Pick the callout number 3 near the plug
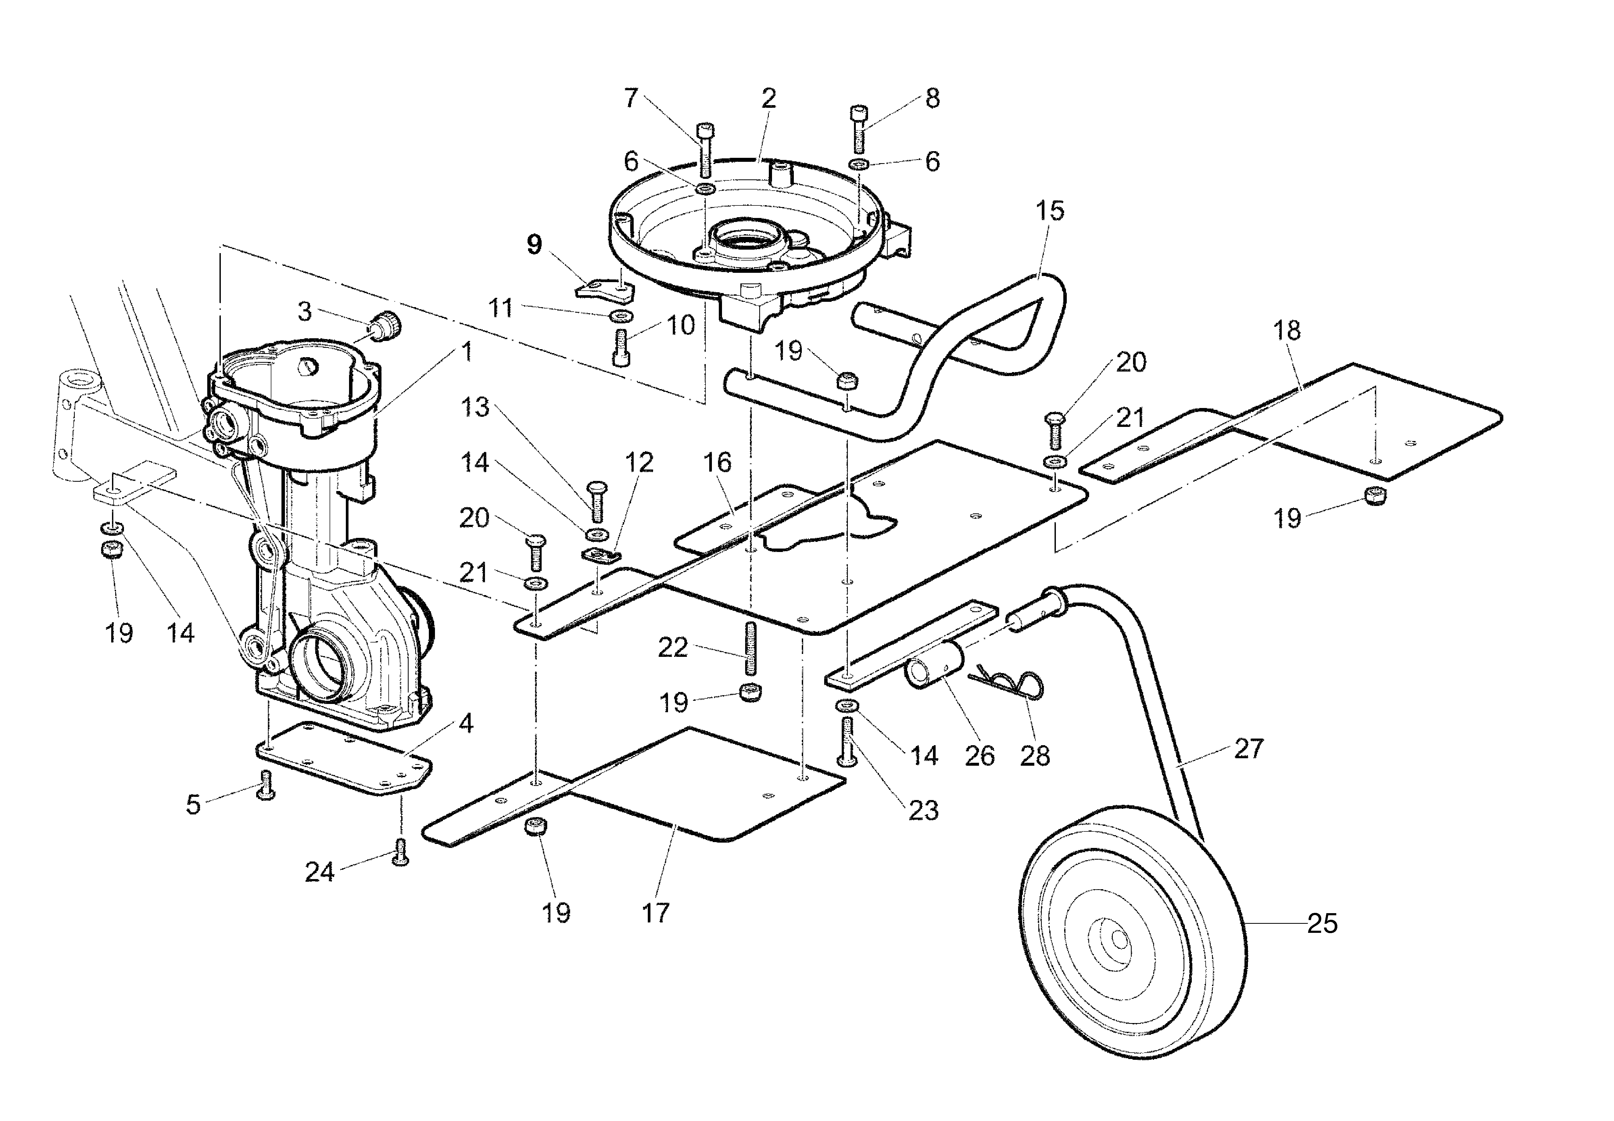[x=304, y=311]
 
